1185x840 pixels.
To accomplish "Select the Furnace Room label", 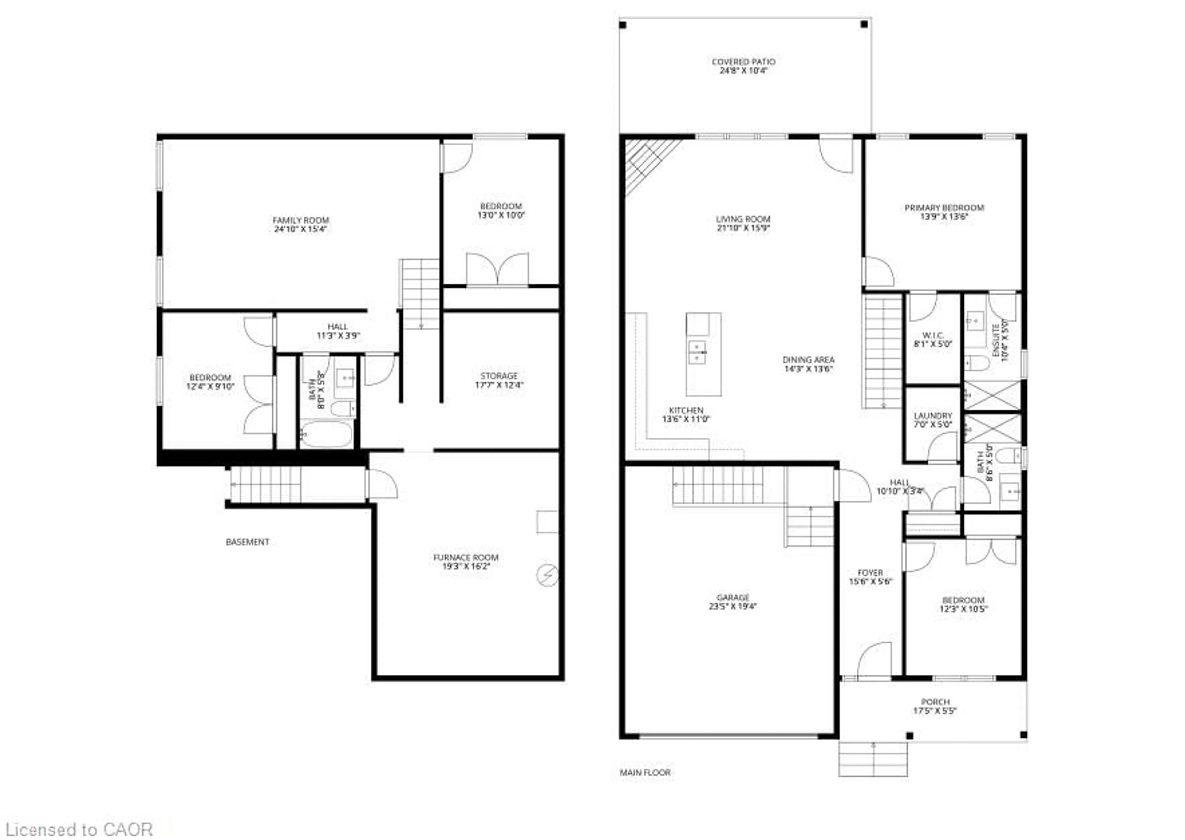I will point(465,558).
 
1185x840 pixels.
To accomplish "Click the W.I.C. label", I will point(933,335).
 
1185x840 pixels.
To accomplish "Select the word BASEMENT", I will point(247,542).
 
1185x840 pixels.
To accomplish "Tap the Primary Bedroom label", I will point(944,208).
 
